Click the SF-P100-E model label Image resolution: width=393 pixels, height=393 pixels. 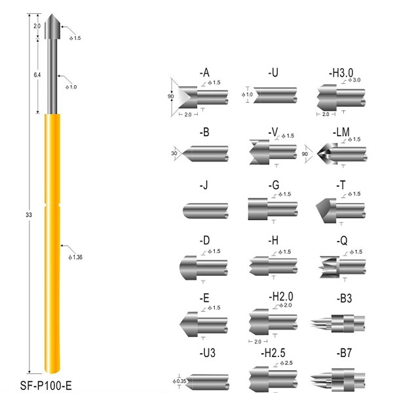[x=46, y=385]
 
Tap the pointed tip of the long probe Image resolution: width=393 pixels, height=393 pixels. [x=52, y=14]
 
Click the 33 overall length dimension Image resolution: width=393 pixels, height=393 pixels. [x=29, y=215]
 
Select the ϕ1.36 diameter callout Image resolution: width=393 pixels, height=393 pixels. [x=75, y=257]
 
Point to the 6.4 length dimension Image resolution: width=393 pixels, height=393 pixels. [x=37, y=75]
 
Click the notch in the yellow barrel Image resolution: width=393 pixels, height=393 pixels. [x=52, y=205]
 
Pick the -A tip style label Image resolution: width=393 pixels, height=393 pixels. [x=204, y=73]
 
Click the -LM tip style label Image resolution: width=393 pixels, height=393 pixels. [x=341, y=132]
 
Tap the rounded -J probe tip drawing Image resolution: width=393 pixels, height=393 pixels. [x=206, y=211]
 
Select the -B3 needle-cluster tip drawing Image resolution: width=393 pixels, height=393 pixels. [x=337, y=324]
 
